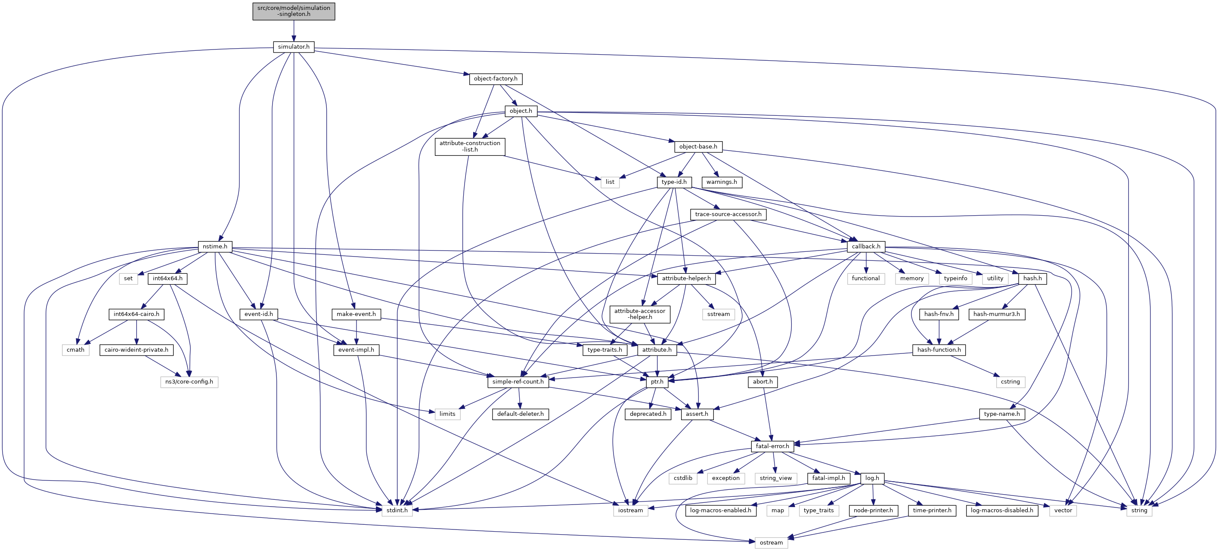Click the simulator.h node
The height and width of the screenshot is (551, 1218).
(294, 47)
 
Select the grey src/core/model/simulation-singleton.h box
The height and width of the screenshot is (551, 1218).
(294, 11)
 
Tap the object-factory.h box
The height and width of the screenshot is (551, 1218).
(496, 79)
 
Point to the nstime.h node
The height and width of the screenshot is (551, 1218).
(215, 247)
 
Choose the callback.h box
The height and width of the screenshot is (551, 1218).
(866, 247)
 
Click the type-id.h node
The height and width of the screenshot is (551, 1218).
(674, 182)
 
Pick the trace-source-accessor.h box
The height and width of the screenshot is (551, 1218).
(728, 214)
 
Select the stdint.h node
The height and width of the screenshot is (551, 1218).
(397, 511)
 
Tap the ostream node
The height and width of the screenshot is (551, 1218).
(771, 542)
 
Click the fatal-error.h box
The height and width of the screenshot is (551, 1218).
(772, 446)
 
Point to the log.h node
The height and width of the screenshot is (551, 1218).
(872, 478)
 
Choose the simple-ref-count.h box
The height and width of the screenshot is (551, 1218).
(518, 382)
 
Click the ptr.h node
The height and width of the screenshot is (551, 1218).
(657, 382)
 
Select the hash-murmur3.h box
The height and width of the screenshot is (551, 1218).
(996, 314)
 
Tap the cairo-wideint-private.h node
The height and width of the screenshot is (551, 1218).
(136, 350)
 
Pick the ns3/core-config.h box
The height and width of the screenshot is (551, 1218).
(189, 382)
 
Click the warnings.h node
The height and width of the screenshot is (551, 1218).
(722, 182)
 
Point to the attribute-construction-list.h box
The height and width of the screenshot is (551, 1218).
(470, 146)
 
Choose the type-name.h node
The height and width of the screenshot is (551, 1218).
(1001, 414)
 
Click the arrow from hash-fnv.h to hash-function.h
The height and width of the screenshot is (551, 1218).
(939, 332)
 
